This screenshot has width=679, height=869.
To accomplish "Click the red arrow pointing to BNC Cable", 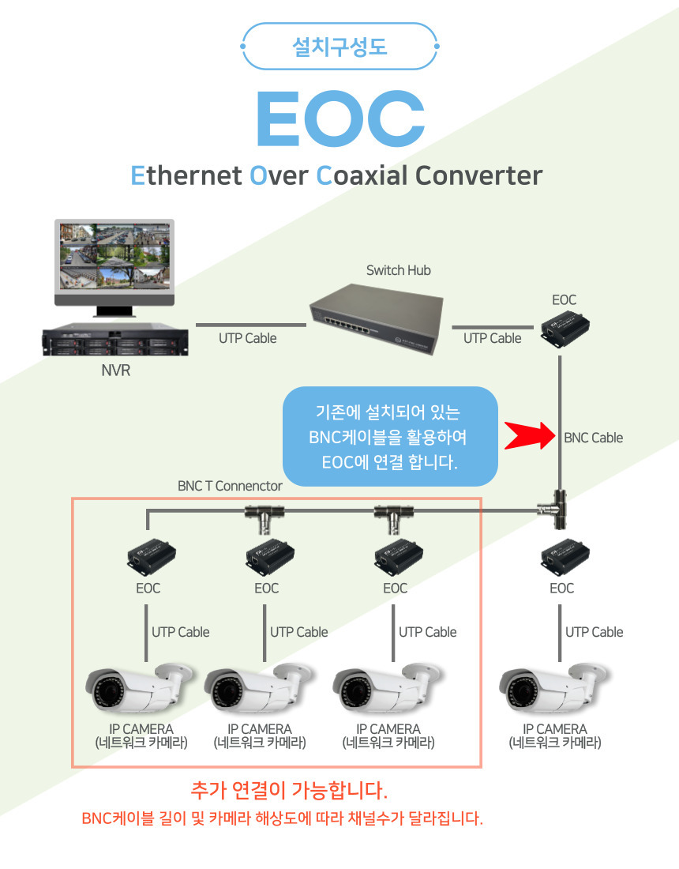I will click(x=531, y=434).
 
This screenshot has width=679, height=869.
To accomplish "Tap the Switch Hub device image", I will click(x=376, y=316).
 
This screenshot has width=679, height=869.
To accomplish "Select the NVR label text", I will click(x=115, y=370).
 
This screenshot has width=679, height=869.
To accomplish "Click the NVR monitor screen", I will click(x=114, y=258).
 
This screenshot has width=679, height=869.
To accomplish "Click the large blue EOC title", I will click(x=339, y=118).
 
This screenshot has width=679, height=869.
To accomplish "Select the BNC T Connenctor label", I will click(x=230, y=486).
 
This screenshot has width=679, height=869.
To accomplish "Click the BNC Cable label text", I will click(x=593, y=438).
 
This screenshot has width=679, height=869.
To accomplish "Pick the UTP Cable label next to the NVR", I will click(x=248, y=338).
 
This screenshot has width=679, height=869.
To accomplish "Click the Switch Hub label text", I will click(x=399, y=270).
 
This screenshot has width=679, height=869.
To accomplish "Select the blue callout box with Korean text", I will click(x=390, y=435).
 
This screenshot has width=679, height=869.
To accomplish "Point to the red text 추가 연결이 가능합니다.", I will click(x=289, y=790).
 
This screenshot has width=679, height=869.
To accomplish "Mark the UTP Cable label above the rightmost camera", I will click(x=594, y=632).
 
